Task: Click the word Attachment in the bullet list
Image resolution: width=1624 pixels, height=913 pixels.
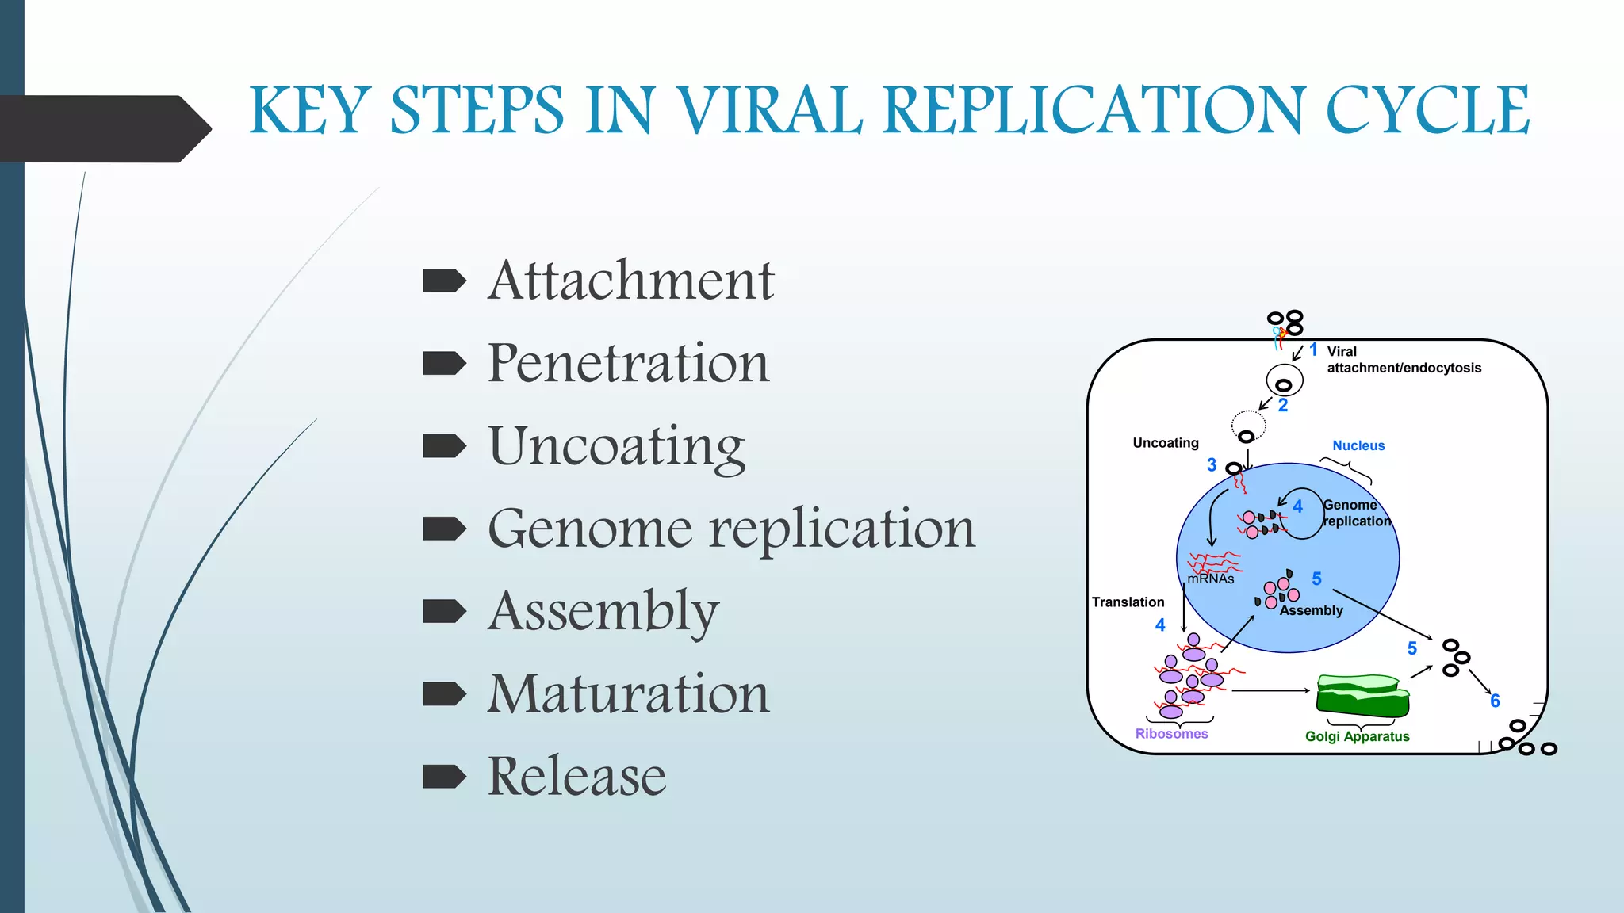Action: pyautogui.click(x=630, y=281)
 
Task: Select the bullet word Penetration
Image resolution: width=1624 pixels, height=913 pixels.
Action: pyautogui.click(x=628, y=363)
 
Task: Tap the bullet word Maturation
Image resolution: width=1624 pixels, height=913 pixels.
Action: pyautogui.click(x=628, y=693)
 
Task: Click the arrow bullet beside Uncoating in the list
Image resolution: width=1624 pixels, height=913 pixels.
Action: pyautogui.click(x=444, y=446)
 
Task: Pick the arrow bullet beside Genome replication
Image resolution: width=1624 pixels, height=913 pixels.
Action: pyautogui.click(x=444, y=529)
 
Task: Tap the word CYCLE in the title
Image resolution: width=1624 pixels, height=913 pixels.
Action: pyautogui.click(x=1427, y=110)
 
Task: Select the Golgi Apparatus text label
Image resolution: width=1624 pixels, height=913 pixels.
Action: pyautogui.click(x=1357, y=736)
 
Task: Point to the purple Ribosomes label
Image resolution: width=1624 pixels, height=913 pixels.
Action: pyautogui.click(x=1171, y=734)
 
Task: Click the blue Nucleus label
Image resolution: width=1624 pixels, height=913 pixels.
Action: pyautogui.click(x=1358, y=445)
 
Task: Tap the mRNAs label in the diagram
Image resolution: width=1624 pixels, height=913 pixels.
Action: pyautogui.click(x=1211, y=579)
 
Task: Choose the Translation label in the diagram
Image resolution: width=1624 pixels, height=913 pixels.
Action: pyautogui.click(x=1128, y=602)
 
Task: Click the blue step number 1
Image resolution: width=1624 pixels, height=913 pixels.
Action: pyautogui.click(x=1313, y=350)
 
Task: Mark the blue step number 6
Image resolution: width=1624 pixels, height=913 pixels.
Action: pyautogui.click(x=1495, y=701)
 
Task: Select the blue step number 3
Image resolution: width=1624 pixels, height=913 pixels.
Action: pyautogui.click(x=1212, y=465)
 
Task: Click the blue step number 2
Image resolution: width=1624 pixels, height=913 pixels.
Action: pyautogui.click(x=1283, y=405)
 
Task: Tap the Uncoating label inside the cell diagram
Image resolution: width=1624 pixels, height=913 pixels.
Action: pyautogui.click(x=1166, y=443)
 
